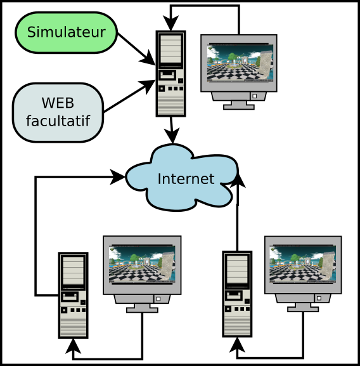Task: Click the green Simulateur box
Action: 67,32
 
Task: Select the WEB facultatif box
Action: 58,112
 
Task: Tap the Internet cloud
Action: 182,178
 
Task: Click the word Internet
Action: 186,179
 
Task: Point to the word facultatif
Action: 58,121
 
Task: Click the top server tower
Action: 170,74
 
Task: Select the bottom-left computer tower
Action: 74,295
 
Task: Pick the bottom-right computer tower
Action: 237,294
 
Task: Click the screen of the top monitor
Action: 240,63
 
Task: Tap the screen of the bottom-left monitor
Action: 142,265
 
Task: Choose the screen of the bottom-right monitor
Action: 303,264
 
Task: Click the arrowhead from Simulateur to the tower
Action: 148,58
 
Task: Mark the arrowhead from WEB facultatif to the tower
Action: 147,86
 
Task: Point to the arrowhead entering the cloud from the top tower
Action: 172,135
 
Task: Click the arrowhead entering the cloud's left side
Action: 117,177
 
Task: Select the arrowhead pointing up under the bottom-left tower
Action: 74,346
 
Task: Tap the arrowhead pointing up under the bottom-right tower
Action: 237,345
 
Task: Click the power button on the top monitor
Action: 255,96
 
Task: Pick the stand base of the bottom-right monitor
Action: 303,310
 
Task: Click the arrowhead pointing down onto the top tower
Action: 170,23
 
